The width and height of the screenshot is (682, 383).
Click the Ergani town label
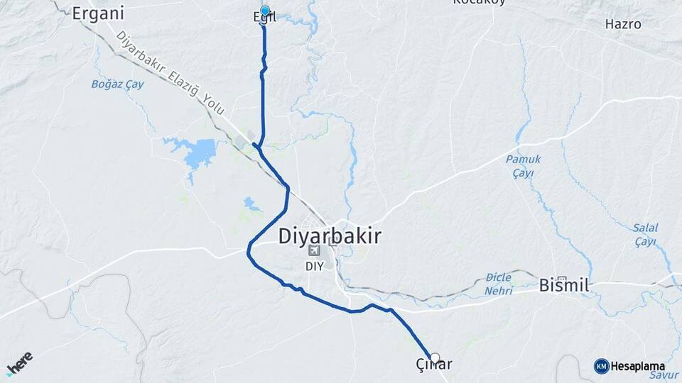[x=98, y=13]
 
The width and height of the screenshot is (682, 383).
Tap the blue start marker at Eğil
[x=265, y=11]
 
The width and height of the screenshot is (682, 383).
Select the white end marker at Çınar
[x=435, y=357]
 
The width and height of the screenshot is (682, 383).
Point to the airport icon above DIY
[x=314, y=250]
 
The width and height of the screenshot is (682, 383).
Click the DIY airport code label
[x=314, y=266]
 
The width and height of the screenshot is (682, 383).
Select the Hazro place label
[x=622, y=24]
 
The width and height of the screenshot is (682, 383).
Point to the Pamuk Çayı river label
[x=523, y=165]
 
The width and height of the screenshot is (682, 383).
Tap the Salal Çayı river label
[x=645, y=234]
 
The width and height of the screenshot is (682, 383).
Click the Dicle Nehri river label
[x=499, y=285]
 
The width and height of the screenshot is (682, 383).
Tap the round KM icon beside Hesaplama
[x=601, y=366]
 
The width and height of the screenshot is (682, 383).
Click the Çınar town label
[x=435, y=366]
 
